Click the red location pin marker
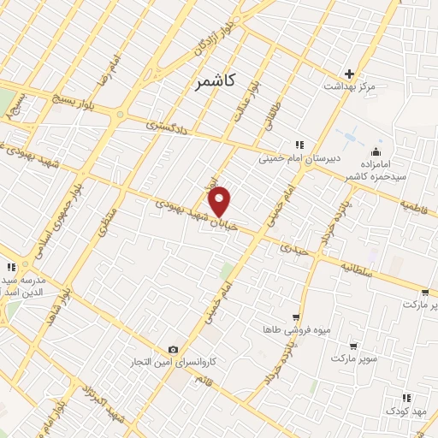221,200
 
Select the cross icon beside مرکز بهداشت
350,74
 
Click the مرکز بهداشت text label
350,87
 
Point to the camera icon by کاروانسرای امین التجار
174,349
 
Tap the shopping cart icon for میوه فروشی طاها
296,317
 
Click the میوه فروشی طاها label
296,329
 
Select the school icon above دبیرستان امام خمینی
299,145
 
